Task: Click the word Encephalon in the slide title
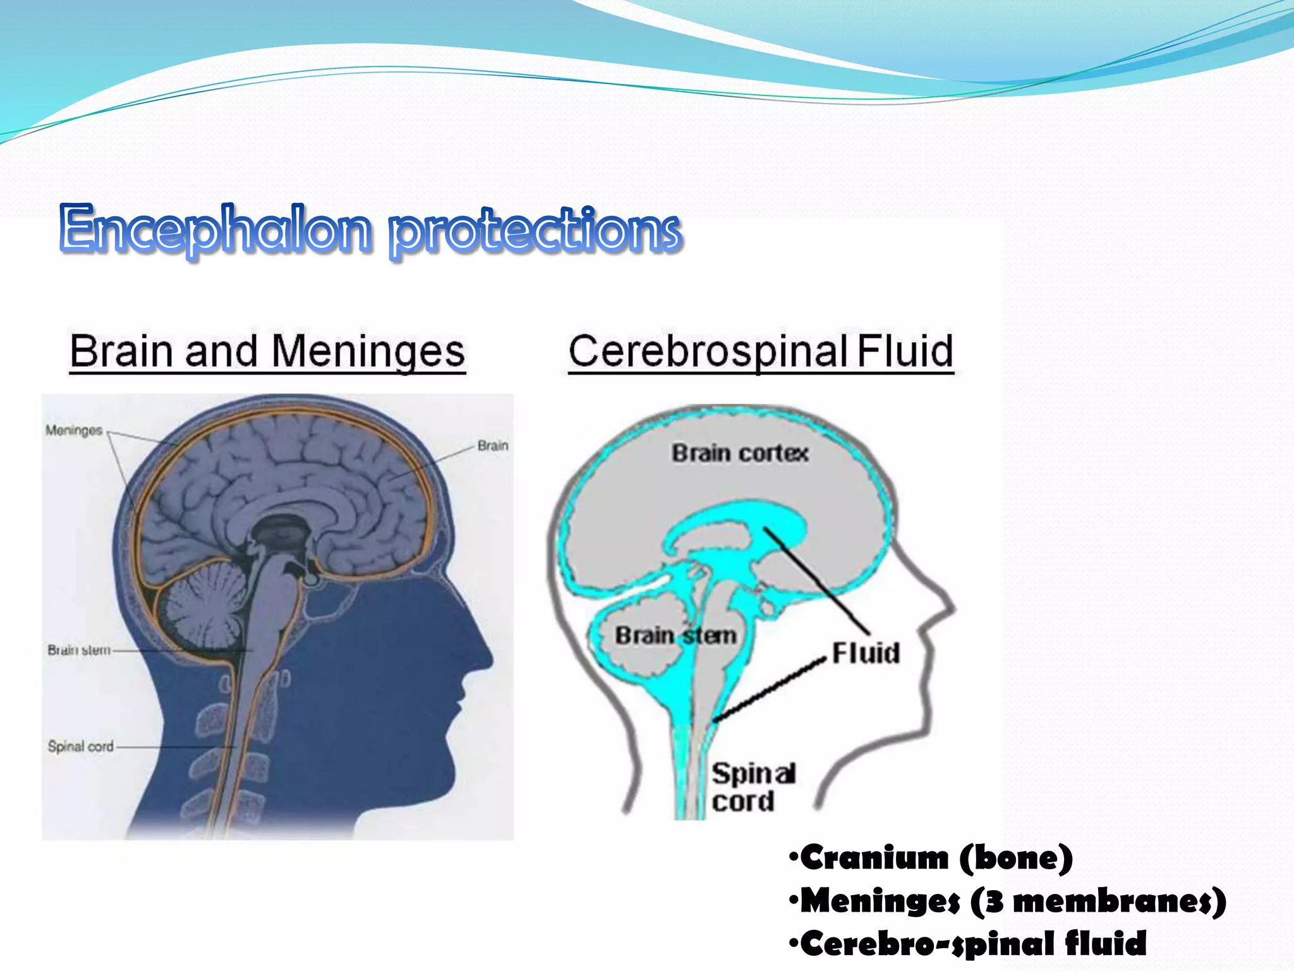click(215, 229)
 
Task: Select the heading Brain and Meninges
click(267, 351)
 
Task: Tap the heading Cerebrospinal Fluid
click(761, 351)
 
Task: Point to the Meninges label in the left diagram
click(74, 431)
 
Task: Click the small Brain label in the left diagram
click(493, 446)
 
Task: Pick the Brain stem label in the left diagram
click(79, 650)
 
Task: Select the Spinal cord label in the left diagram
click(81, 747)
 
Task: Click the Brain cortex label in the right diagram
click(740, 453)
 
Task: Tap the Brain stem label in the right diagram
click(676, 635)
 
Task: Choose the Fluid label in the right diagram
click(866, 653)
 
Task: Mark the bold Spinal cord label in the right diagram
click(752, 787)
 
